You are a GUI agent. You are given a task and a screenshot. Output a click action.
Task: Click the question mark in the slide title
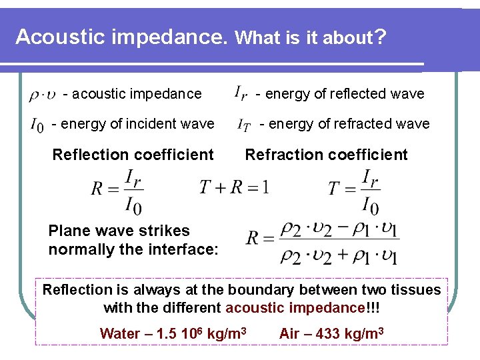pos(379,35)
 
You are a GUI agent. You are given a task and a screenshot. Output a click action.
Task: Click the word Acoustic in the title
pos(57,37)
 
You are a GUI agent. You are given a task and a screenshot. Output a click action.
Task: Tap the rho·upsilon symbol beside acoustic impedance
pos(42,95)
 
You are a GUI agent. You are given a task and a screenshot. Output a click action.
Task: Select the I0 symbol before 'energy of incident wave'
pos(37,125)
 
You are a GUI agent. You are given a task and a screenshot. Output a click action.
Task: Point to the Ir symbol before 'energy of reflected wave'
pos(241,93)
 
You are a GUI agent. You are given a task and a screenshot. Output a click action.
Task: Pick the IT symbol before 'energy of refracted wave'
pos(244,124)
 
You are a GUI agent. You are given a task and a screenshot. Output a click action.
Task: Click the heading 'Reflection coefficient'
pos(133,155)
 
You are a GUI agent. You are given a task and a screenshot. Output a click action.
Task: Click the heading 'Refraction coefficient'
pos(326,155)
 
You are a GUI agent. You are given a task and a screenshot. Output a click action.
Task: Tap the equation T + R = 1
pos(234,187)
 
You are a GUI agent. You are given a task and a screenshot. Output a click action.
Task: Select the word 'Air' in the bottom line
pos(290,333)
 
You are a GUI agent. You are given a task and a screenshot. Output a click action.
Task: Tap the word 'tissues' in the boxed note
pos(415,289)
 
